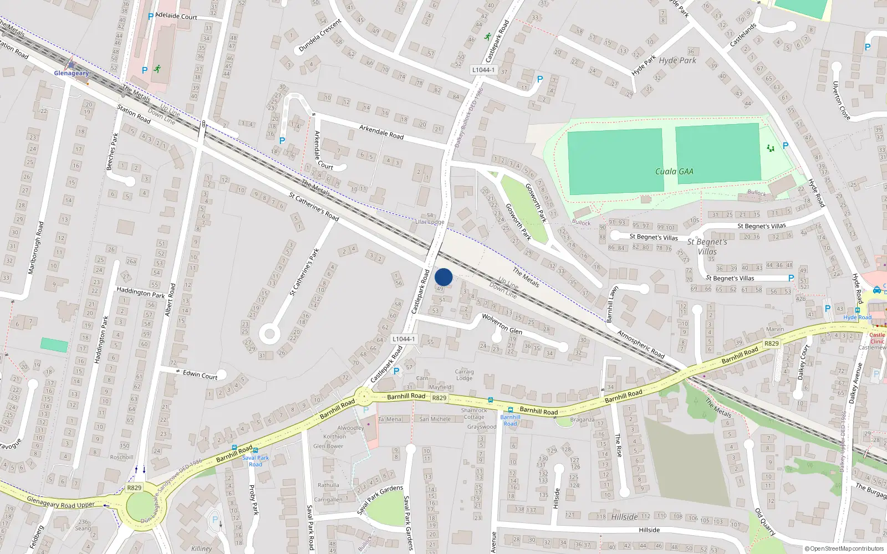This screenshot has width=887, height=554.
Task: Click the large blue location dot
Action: click(443, 277)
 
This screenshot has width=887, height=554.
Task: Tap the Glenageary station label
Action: click(71, 73)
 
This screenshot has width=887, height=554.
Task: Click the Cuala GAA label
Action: click(674, 172)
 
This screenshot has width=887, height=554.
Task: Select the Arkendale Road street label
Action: click(381, 132)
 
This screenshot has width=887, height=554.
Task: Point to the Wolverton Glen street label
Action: click(502, 324)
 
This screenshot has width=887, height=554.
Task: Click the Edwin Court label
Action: click(200, 375)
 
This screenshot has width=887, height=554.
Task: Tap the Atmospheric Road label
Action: click(641, 345)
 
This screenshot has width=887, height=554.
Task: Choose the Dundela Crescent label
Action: click(320, 36)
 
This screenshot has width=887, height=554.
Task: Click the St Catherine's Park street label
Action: click(304, 271)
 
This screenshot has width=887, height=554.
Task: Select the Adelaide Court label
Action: click(176, 16)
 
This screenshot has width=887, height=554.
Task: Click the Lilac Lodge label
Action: click(430, 222)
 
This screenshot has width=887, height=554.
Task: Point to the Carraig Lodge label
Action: click(465, 375)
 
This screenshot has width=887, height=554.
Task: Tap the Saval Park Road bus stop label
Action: click(256, 461)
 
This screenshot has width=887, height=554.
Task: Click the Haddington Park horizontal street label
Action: click(141, 292)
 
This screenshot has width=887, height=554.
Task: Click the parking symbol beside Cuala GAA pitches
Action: click(786, 146)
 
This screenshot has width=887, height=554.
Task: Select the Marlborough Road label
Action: click(35, 248)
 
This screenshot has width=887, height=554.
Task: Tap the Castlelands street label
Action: click(743, 35)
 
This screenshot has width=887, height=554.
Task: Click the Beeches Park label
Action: click(112, 151)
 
